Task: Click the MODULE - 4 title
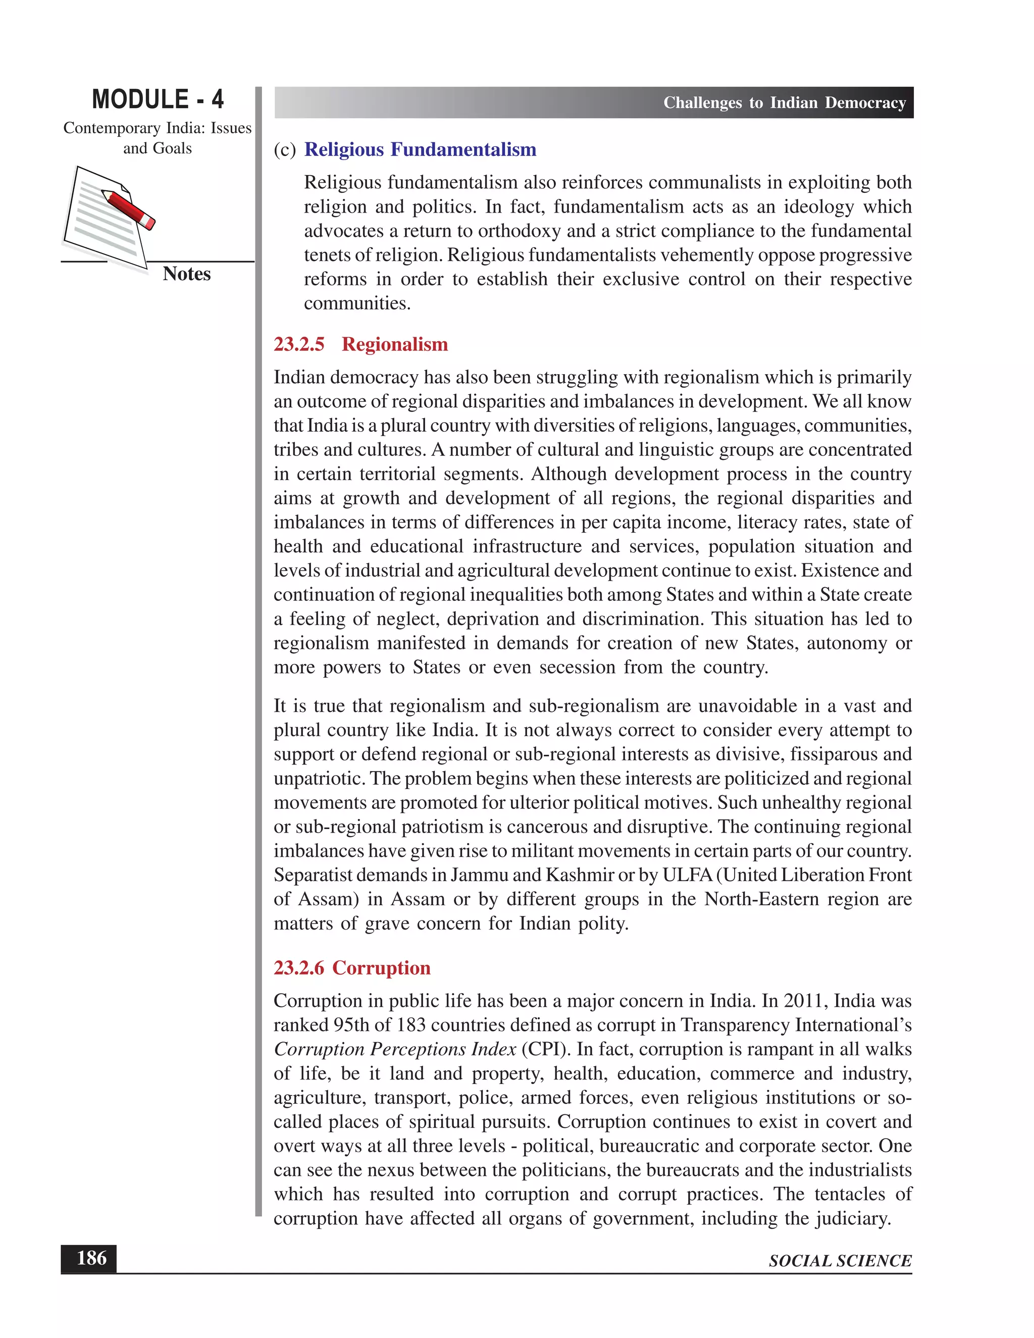pos(158,99)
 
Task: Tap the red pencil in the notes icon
pos(128,209)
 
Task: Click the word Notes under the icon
pos(186,274)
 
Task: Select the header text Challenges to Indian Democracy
pos(784,103)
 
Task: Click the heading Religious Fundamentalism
pos(420,149)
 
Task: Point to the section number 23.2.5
pos(299,344)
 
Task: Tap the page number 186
pos(91,1258)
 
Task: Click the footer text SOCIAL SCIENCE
pos(840,1261)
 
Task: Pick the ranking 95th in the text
pos(351,1025)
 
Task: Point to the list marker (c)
pos(285,150)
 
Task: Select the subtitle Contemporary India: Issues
pos(158,128)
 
